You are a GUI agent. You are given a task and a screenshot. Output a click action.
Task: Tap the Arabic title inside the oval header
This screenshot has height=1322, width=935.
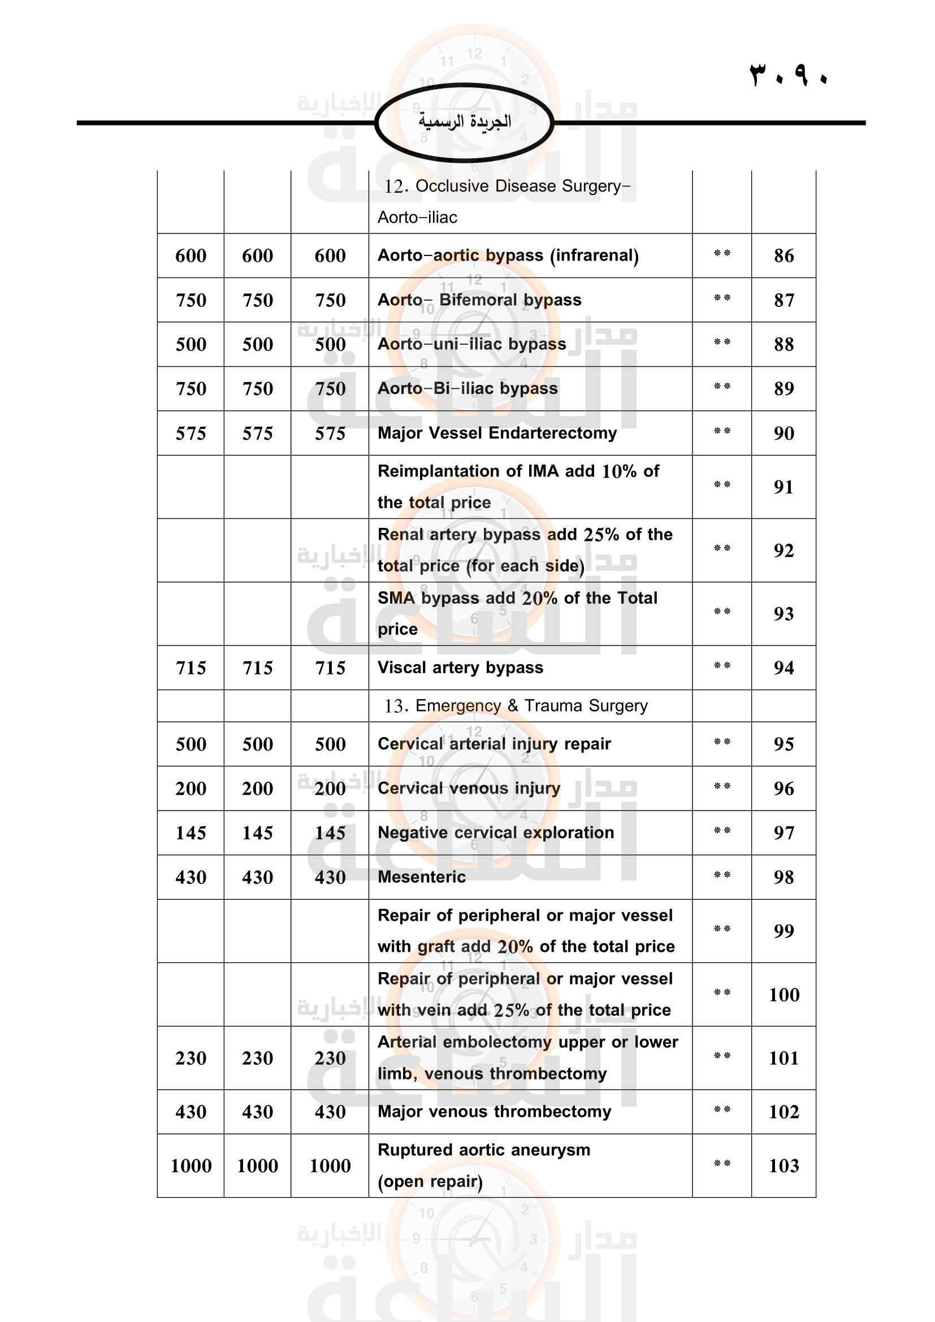click(x=465, y=122)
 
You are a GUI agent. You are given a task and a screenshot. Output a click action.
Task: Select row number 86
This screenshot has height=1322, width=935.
click(x=784, y=255)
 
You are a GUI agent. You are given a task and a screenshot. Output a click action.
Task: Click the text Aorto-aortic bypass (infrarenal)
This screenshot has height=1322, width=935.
click(x=508, y=255)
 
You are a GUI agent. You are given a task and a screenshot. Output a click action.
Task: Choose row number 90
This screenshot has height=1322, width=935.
click(x=784, y=433)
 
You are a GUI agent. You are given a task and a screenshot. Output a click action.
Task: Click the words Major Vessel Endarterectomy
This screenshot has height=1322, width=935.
click(x=497, y=433)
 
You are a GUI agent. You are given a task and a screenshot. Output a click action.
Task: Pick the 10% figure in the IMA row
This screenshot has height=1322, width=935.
click(x=618, y=471)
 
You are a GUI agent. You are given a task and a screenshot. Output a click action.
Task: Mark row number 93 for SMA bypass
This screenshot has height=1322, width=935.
click(x=784, y=614)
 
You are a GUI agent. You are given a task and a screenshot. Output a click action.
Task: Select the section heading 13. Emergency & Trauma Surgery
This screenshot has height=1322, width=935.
click(x=516, y=706)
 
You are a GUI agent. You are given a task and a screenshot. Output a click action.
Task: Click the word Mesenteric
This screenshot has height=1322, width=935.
click(x=422, y=877)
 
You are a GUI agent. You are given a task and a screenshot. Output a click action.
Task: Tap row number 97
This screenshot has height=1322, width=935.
click(x=784, y=833)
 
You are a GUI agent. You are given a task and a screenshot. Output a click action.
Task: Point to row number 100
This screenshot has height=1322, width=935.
click(x=784, y=994)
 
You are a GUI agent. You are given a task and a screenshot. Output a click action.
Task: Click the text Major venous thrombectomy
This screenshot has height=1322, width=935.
click(x=494, y=1111)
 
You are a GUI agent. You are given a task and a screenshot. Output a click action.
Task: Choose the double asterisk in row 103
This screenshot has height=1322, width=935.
click(x=722, y=1164)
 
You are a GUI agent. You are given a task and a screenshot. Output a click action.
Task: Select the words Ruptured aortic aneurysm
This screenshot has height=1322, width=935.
click(x=484, y=1150)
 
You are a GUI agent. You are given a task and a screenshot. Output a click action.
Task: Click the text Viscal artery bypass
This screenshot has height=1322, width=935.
click(x=460, y=667)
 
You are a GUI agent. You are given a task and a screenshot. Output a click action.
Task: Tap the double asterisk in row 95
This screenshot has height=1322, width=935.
click(x=722, y=742)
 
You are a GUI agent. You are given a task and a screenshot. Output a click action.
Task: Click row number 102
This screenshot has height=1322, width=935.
click(x=784, y=1112)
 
